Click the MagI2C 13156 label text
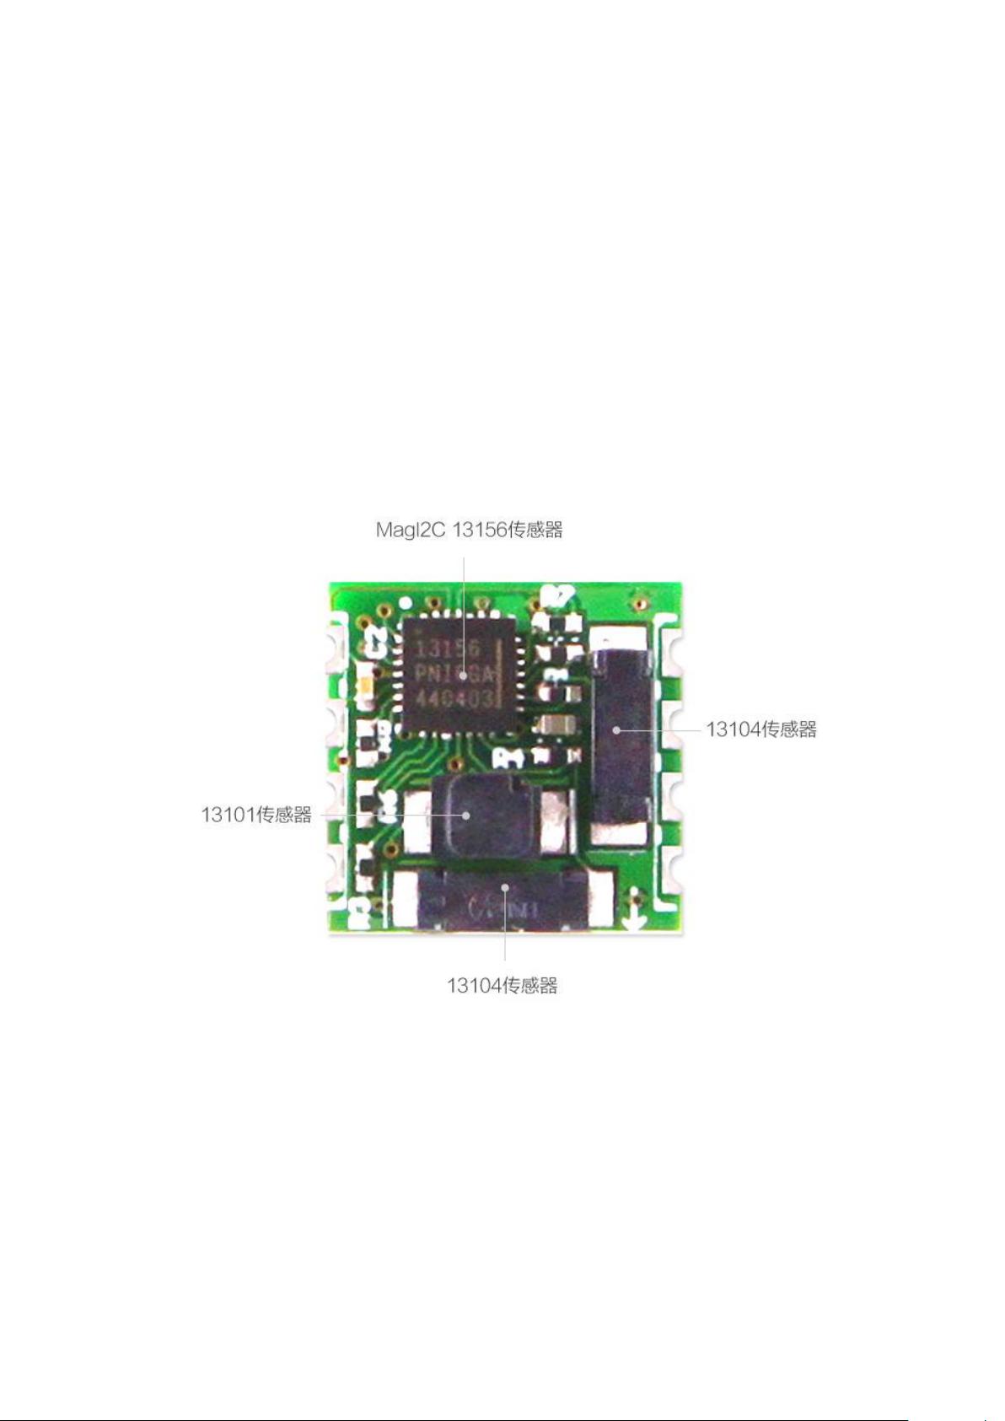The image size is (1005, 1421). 468,530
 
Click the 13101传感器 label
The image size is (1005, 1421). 256,815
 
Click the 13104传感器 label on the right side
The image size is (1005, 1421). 760,729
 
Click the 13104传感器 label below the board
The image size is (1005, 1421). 502,985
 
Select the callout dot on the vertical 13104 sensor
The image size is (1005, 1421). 616,729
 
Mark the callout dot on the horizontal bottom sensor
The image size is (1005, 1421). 504,887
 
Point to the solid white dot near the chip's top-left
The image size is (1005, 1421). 406,604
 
